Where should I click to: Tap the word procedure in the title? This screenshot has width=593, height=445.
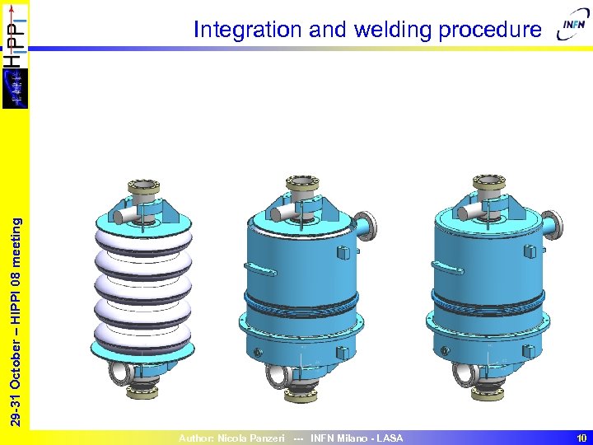click(x=490, y=30)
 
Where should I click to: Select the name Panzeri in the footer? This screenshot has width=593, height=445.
click(x=264, y=438)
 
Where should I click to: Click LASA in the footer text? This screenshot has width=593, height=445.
click(x=390, y=438)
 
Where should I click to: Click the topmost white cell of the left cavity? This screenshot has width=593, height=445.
click(x=144, y=240)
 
